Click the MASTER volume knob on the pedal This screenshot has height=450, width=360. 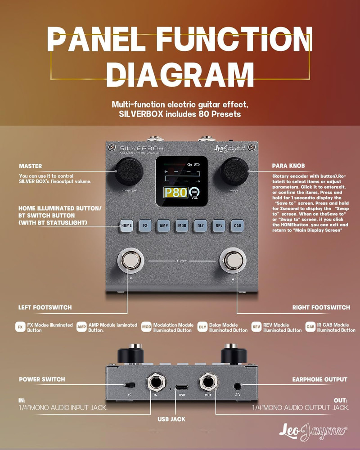[127, 172]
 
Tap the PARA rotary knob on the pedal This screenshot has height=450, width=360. [234, 171]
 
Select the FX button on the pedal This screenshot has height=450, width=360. [145, 225]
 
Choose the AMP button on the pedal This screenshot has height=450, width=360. [163, 225]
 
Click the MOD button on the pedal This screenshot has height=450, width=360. [181, 225]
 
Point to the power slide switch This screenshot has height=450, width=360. [130, 385]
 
